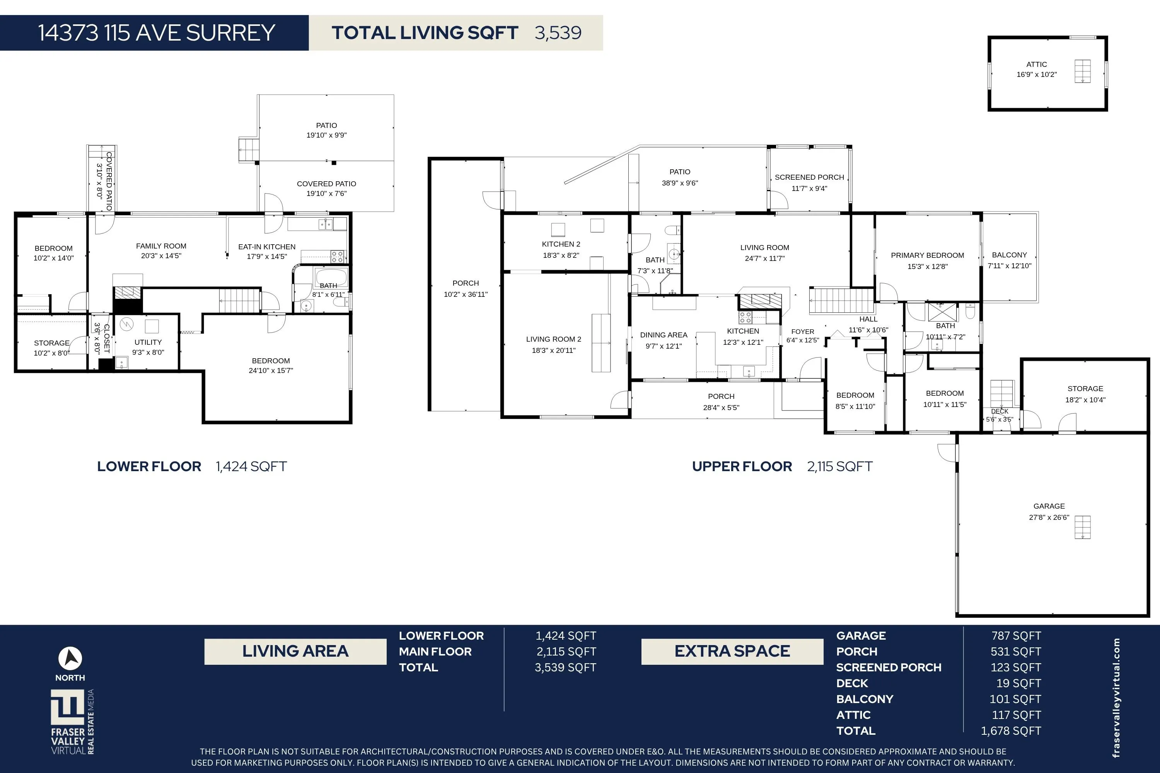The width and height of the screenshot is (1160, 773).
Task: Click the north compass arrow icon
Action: point(70,658)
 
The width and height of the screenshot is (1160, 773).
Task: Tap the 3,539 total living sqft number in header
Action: point(558,33)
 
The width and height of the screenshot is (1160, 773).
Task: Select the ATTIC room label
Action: point(1036,65)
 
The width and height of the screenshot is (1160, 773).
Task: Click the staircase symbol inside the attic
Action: point(1083,72)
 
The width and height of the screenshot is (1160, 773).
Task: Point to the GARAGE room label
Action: point(1049,506)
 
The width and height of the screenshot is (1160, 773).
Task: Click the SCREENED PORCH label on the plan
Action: point(809,177)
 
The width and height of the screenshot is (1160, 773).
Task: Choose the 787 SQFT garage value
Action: point(1016,636)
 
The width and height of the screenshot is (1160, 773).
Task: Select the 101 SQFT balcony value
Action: point(1015,699)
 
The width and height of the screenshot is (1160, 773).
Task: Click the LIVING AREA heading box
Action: point(295,651)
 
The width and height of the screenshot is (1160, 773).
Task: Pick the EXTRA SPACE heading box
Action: point(732,651)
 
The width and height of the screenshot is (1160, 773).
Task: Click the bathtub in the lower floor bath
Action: point(331,277)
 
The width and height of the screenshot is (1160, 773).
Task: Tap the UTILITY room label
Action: point(148,342)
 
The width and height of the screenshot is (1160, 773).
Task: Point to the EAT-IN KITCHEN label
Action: point(267,247)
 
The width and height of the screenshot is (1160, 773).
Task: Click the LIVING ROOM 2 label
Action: point(553,339)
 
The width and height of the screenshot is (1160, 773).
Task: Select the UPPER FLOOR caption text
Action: point(742,467)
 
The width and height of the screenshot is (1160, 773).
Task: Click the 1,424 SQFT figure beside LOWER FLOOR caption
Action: point(251,467)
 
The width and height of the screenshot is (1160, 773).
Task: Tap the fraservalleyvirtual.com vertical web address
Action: point(1117,698)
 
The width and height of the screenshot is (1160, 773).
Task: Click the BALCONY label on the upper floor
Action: point(1009,255)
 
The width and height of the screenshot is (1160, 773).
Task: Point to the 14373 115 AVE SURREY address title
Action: point(156,33)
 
